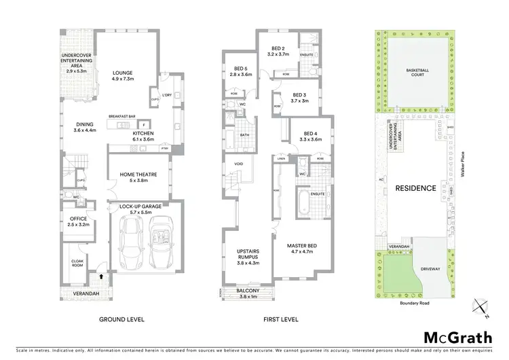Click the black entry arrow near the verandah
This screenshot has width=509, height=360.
pos(102,276)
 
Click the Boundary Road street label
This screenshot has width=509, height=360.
pos(413,304)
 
